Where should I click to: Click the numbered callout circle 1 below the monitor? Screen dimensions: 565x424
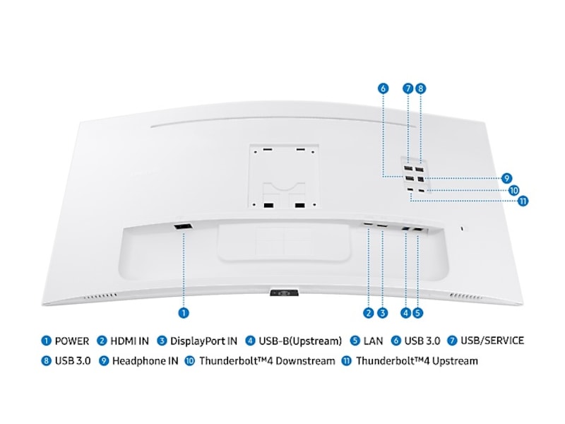[184, 313]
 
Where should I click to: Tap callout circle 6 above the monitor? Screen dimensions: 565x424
[383, 88]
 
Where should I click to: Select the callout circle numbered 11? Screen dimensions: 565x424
[523, 201]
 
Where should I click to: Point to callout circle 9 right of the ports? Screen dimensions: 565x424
[506, 178]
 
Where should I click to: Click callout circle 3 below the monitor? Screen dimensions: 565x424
[382, 313]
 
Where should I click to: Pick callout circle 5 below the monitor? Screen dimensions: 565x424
[417, 313]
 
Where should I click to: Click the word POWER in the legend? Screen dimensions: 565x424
[72, 341]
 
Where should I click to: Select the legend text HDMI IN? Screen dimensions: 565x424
[129, 341]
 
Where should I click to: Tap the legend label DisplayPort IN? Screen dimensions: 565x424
[203, 341]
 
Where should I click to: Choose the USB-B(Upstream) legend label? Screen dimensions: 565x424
[300, 341]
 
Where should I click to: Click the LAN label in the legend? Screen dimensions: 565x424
[373, 341]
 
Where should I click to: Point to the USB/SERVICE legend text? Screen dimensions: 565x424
[492, 341]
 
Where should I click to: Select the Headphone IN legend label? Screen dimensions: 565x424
[145, 361]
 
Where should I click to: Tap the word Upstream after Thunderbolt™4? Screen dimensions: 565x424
[455, 361]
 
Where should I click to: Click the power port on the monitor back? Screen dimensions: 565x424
[183, 227]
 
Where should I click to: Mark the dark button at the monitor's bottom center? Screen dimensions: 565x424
[285, 293]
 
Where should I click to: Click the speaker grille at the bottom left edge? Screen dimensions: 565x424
[100, 296]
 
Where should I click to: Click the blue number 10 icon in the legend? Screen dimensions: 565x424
[190, 361]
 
